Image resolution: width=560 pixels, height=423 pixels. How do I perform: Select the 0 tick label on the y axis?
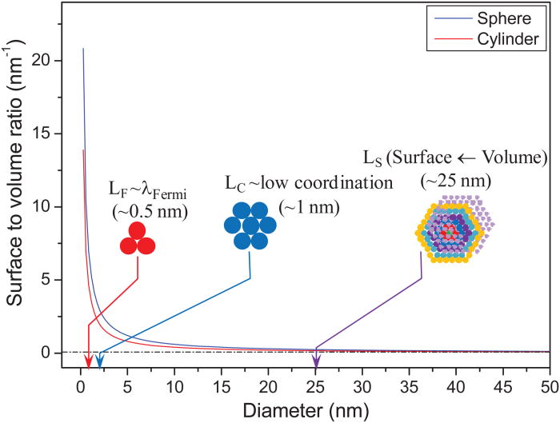coord(50,353)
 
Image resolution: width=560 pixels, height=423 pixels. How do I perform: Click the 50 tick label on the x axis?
coord(550,387)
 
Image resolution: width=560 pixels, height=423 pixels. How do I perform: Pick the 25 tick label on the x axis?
coord(315,387)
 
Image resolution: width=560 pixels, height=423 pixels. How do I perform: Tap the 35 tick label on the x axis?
coord(409,387)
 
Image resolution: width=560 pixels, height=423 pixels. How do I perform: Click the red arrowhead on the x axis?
coord(88,361)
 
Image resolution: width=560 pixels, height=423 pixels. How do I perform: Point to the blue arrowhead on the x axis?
coord(100,361)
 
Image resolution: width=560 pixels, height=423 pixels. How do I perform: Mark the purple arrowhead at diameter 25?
coord(315,361)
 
